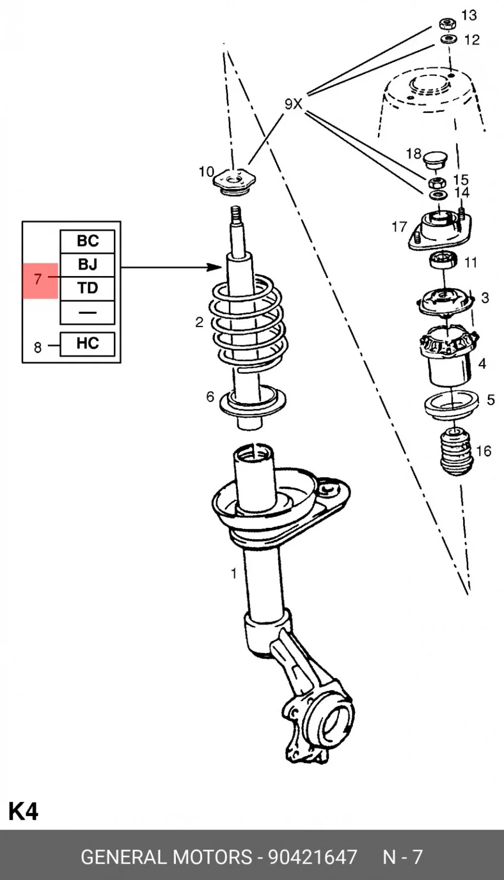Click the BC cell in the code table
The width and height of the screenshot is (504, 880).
(87, 241)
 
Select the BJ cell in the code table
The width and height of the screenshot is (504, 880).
(87, 265)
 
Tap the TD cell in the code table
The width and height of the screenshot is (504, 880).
(87, 289)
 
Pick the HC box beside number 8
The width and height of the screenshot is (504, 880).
(87, 344)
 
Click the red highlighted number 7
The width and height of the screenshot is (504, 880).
(38, 279)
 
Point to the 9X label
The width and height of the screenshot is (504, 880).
(293, 104)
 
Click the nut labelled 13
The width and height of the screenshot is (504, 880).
(447, 24)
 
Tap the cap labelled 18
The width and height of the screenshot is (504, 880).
(435, 158)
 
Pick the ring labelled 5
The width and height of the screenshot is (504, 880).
(452, 405)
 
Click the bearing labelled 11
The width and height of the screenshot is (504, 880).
(444, 261)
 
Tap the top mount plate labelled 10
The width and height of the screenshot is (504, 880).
(234, 182)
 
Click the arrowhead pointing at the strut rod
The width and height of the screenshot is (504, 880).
(215, 267)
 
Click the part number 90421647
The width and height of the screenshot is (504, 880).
(312, 857)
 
